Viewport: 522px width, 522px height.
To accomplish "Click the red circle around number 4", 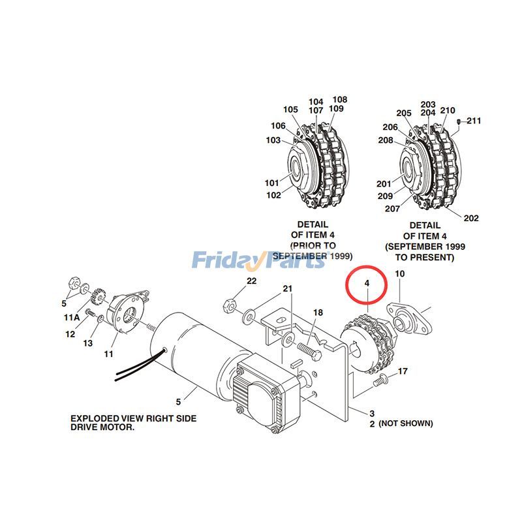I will [367, 284].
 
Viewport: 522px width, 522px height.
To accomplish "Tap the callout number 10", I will [400, 274].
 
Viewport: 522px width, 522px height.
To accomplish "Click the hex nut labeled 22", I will [230, 304].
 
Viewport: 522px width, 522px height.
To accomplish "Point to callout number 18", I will [318, 313].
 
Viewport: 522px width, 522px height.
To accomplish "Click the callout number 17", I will [403, 371].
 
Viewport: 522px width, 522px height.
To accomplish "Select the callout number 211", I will [474, 121].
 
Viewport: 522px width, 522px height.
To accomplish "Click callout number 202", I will [471, 218].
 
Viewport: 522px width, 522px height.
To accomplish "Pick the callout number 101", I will [271, 183].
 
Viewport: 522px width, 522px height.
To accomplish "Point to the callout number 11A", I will [71, 317].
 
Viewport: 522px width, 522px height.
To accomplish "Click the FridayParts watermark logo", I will [258, 261].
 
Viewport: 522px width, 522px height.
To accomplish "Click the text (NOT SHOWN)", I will [405, 423].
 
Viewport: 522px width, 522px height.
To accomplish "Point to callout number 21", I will [287, 289].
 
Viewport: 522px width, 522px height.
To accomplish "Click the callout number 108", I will [340, 100].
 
